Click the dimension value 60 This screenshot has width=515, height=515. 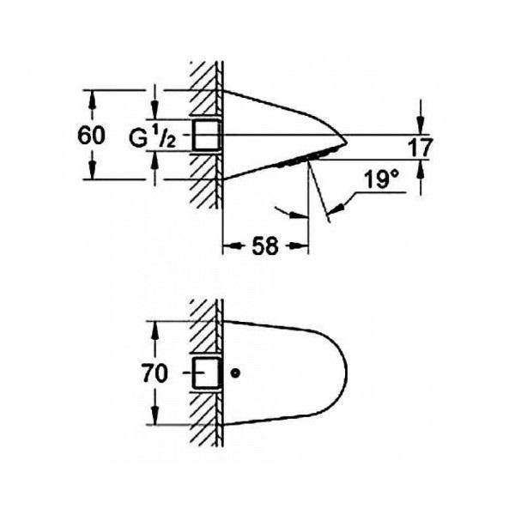click(91, 135)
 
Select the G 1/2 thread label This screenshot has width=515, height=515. click(153, 137)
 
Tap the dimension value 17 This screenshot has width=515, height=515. click(421, 147)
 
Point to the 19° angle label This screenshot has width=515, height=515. click(382, 179)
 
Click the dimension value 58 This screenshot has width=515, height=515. click(265, 245)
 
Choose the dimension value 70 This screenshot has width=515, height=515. click(154, 373)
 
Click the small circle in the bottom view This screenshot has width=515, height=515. click(235, 373)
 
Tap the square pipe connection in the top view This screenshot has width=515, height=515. click(206, 135)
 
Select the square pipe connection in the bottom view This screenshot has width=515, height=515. click(206, 373)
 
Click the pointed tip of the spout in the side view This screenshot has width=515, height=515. click(347, 143)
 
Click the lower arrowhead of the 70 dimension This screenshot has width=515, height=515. click(155, 416)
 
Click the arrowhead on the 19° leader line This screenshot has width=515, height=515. click(336, 209)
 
